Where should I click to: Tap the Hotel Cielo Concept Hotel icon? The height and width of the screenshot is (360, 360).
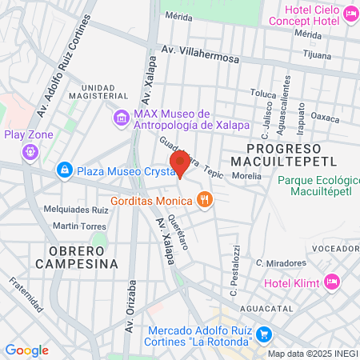coord(350,14)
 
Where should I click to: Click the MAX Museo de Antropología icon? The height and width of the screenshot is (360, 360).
coord(121,118)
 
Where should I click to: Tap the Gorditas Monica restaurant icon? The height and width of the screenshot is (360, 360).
coord(205,199)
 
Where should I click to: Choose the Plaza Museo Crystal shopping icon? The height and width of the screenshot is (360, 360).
coord(64,170)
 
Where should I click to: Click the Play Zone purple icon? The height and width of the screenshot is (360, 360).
coord(30,152)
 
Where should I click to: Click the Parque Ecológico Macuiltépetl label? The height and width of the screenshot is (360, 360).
coord(316,186)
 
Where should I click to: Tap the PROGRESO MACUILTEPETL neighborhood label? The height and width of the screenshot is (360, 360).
coord(283,155)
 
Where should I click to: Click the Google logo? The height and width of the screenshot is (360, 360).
coord(26,350)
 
